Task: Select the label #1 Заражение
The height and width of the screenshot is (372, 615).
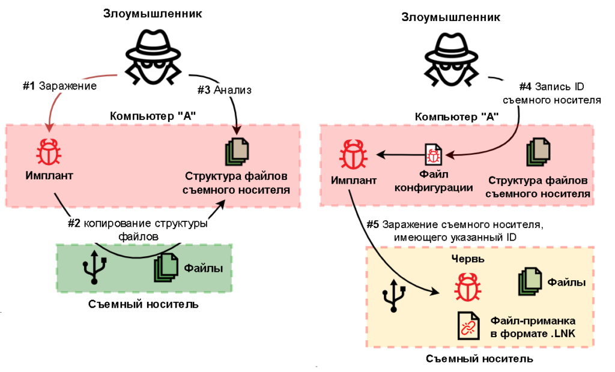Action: pos(59,86)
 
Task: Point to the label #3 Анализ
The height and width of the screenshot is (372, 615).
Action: pos(224,90)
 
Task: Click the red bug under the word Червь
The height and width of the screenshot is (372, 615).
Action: pos(466,287)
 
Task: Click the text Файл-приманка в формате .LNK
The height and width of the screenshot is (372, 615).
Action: pos(533,326)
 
